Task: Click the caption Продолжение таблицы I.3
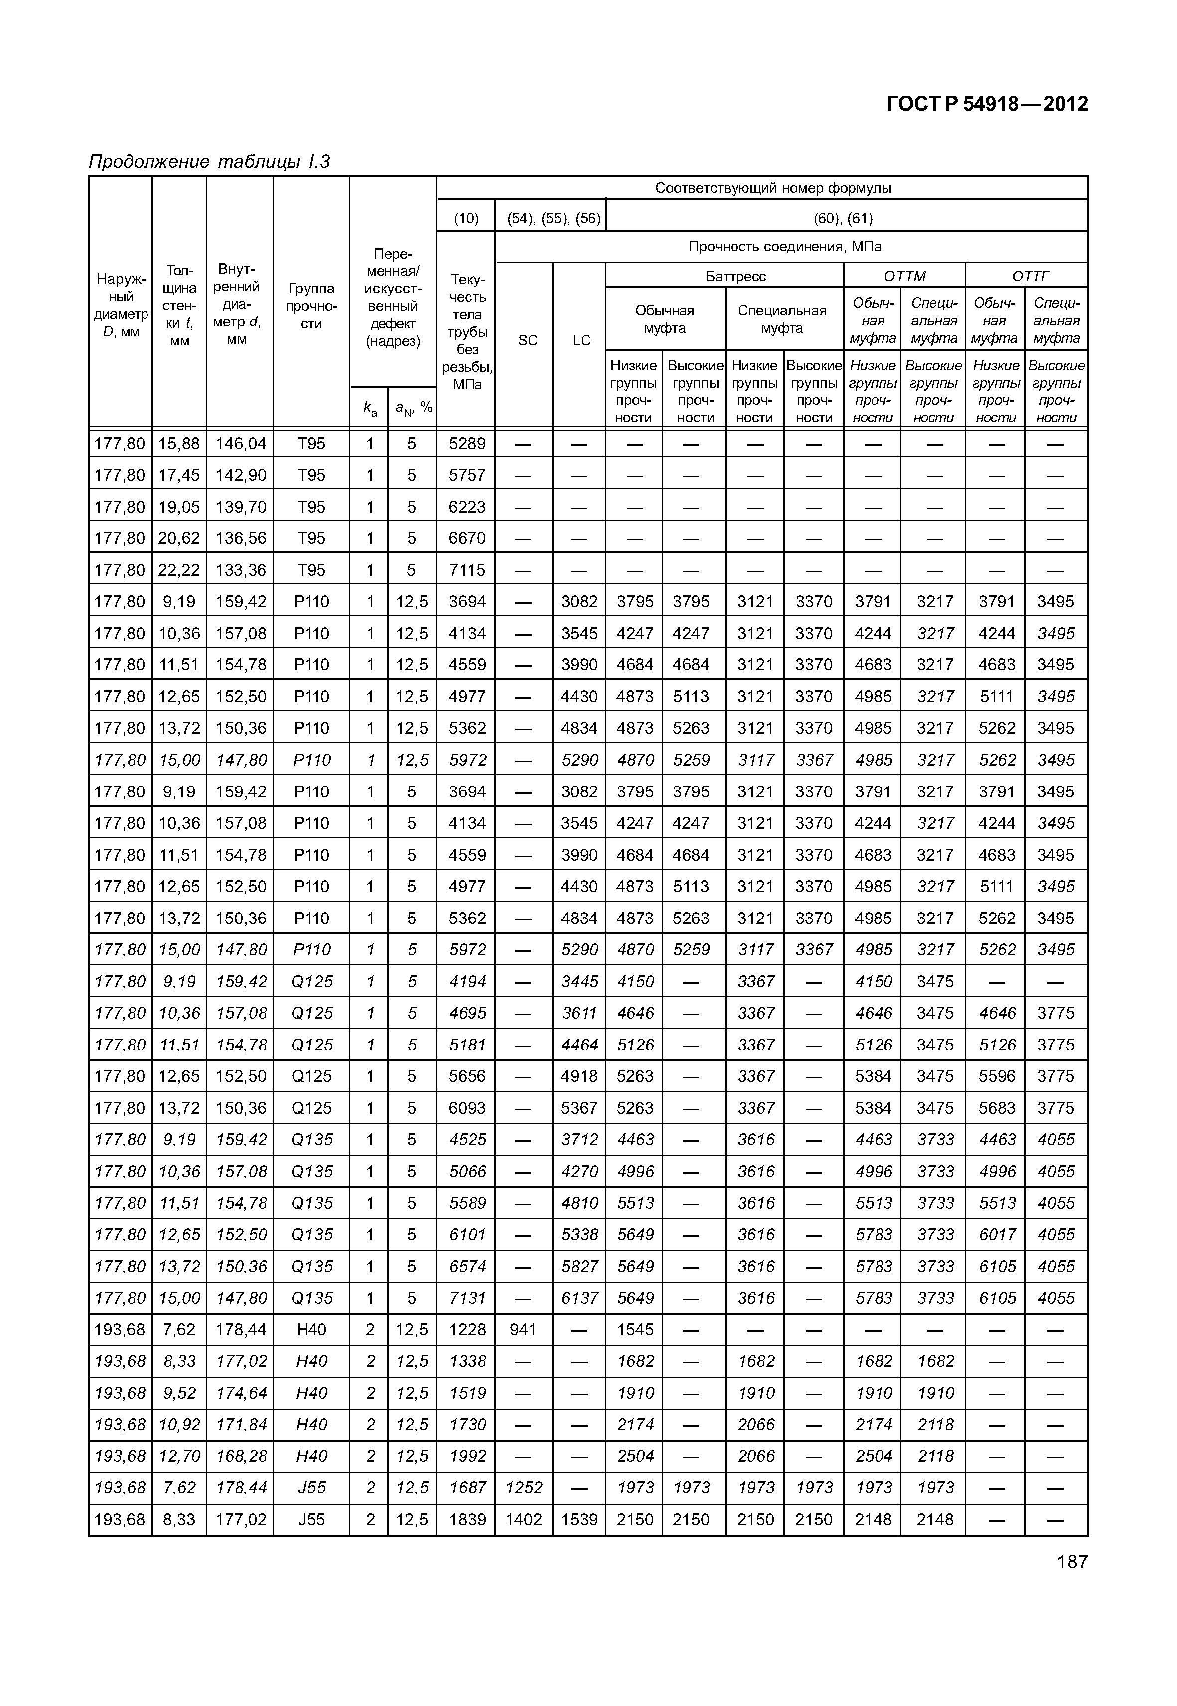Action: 209,161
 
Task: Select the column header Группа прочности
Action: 311,306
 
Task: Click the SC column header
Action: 528,340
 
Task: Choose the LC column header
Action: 581,340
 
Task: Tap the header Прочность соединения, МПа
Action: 785,246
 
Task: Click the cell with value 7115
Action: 467,570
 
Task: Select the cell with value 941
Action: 524,1329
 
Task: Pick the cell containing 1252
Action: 524,1488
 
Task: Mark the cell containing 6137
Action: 580,1298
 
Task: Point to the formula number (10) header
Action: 466,218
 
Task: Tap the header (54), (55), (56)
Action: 554,218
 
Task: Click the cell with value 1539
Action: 580,1520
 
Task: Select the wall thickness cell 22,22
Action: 179,570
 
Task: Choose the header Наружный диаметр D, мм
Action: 121,306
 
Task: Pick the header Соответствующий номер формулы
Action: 773,188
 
